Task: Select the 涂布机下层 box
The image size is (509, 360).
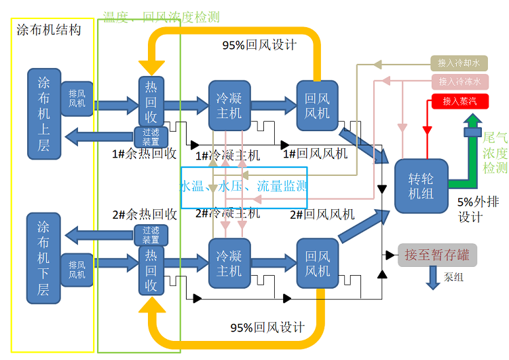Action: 43,258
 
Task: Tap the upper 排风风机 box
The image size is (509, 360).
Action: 77,98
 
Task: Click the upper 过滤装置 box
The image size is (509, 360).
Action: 151,137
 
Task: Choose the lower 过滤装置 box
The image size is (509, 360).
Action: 151,235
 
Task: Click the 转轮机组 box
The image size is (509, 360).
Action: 421,185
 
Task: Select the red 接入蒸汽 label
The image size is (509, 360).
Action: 459,102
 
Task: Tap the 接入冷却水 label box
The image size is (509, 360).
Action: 459,64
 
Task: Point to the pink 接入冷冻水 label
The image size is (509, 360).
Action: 459,82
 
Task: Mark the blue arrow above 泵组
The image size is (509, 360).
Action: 433,278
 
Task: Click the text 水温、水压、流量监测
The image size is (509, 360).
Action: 244,187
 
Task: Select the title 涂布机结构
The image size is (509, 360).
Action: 48,30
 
